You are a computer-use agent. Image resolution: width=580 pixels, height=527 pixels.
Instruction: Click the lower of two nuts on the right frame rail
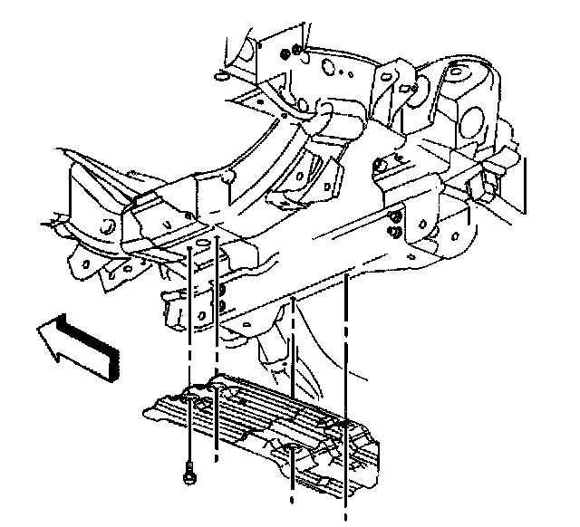pyautogui.click(x=396, y=232)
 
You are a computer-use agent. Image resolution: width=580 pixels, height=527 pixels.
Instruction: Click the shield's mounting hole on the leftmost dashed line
pyautogui.click(x=188, y=396)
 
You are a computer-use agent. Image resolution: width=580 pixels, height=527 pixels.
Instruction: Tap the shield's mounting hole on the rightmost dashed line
pyautogui.click(x=346, y=424)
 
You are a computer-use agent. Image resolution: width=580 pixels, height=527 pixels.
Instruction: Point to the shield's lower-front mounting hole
pyautogui.click(x=293, y=450)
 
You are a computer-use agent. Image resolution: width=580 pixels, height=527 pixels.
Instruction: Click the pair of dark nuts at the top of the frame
pyautogui.click(x=291, y=53)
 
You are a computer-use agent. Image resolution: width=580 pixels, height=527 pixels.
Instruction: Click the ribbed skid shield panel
pyautogui.click(x=263, y=426)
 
